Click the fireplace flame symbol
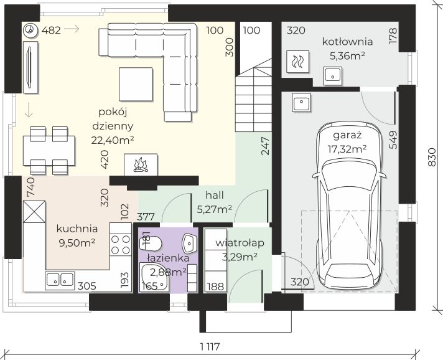pos(141,166)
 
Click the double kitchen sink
pos(60,280)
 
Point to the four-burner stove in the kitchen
pos(121,244)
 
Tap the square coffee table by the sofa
pos(136,84)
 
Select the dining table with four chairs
pos(49,151)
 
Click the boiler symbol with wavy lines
pos(298,62)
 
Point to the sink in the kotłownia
pos(333,76)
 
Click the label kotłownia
pos(348,42)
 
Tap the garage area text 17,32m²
pos(347,148)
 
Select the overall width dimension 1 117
pos(210,346)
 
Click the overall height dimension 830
pos(432,157)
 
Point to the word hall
pos(215,195)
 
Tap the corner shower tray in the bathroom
pos(154,277)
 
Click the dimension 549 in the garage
pos(393,140)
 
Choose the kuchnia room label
pos(77,229)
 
